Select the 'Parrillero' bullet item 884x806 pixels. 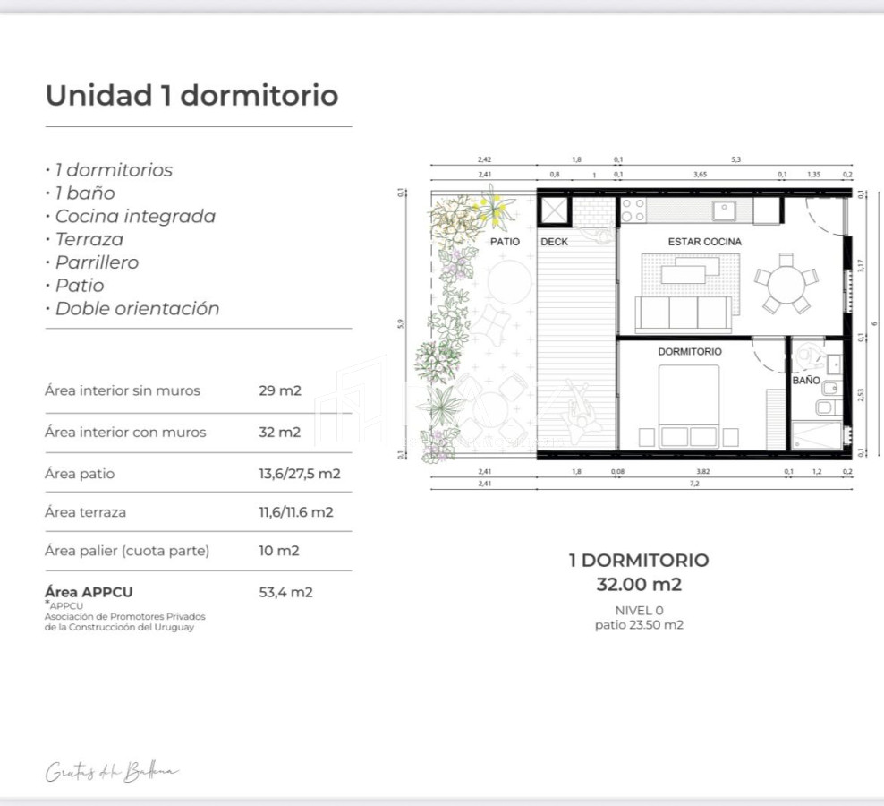[x=97, y=262]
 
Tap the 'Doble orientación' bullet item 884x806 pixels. [x=137, y=309]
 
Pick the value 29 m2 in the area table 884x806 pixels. [x=280, y=390]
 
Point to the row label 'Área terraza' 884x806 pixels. [x=85, y=512]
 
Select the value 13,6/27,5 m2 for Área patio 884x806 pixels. [x=299, y=474]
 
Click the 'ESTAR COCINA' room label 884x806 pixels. [x=704, y=242]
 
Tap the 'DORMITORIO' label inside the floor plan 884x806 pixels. [x=689, y=352]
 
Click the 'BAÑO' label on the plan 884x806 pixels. [x=805, y=381]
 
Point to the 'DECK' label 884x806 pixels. [x=554, y=242]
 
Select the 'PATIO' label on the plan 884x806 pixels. [x=505, y=242]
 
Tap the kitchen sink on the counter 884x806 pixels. [x=723, y=211]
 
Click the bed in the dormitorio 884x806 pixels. [x=689, y=407]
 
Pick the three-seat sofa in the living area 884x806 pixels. [x=683, y=313]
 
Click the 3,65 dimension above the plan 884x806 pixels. [x=699, y=175]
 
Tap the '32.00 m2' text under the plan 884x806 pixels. [x=639, y=585]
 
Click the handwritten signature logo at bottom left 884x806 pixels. [x=113, y=772]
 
